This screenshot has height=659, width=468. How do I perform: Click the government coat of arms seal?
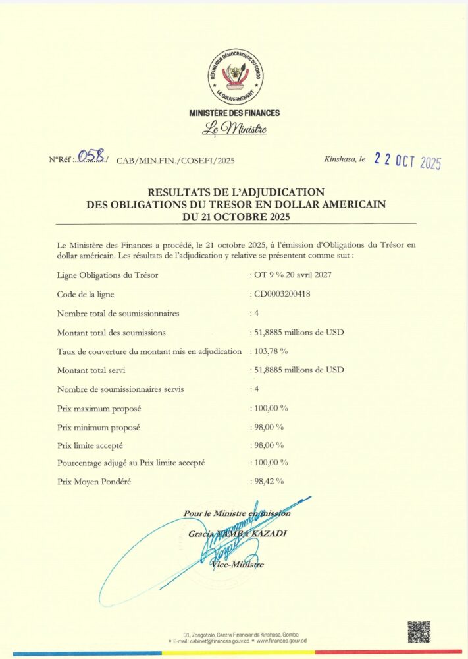point(234,76)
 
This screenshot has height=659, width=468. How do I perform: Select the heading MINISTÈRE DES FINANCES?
point(234,113)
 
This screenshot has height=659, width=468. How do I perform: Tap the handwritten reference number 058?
point(90,156)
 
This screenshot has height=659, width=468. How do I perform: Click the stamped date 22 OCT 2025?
point(407,160)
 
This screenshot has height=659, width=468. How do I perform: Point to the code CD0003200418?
point(284,294)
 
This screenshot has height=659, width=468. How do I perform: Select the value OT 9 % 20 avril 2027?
point(294,275)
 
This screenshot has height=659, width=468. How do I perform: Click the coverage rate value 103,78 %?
point(271,351)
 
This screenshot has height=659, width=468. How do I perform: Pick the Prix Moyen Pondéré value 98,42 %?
point(269,482)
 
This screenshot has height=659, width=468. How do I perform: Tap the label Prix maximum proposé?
point(99,409)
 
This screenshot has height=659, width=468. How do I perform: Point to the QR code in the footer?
point(419,632)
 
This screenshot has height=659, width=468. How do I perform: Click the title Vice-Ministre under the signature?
point(238,565)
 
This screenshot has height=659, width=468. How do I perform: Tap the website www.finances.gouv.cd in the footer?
point(281,641)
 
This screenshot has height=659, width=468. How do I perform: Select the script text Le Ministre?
point(234,129)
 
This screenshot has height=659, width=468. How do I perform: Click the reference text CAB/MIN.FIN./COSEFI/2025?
point(175,160)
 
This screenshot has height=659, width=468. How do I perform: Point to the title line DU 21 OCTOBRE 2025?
point(234,215)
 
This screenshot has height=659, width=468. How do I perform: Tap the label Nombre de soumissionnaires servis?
point(111,389)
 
